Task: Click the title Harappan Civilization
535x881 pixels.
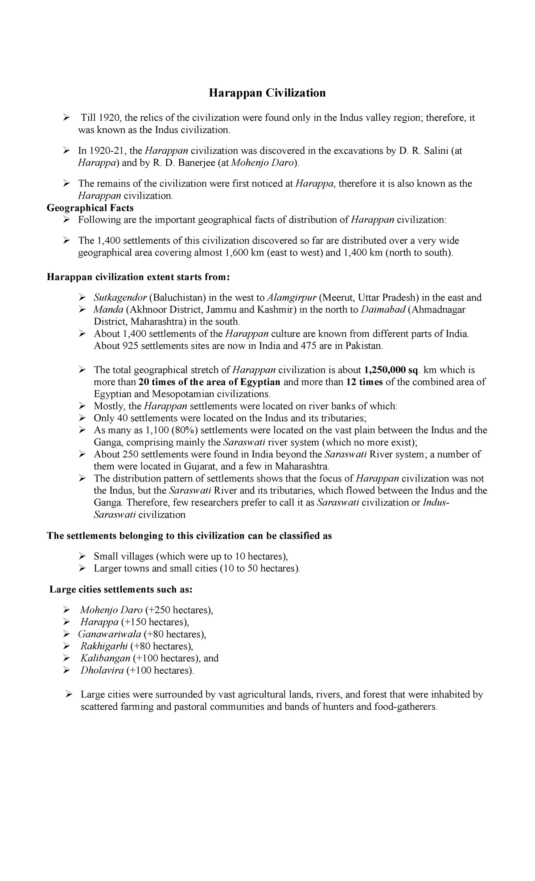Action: coord(267,93)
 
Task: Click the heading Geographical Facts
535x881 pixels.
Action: coord(90,208)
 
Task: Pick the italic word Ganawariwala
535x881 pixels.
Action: coord(109,634)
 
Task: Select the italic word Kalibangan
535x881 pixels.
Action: coord(105,658)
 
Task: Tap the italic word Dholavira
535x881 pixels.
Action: coord(102,670)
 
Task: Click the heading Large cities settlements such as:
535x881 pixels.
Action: coord(121,589)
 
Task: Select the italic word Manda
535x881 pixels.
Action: coord(108,310)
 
